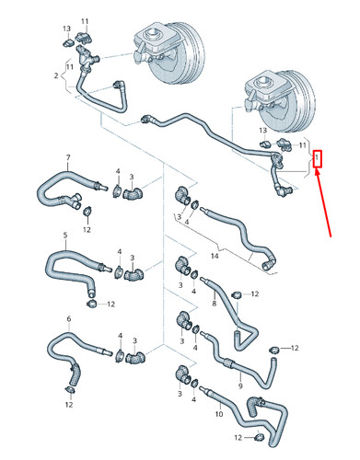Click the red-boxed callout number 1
318,159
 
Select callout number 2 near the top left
55,75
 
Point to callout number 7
66,158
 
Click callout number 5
64,236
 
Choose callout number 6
68,318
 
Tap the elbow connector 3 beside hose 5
135,272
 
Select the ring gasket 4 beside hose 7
118,190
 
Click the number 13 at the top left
67,29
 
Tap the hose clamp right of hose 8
237,293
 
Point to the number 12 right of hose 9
295,349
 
